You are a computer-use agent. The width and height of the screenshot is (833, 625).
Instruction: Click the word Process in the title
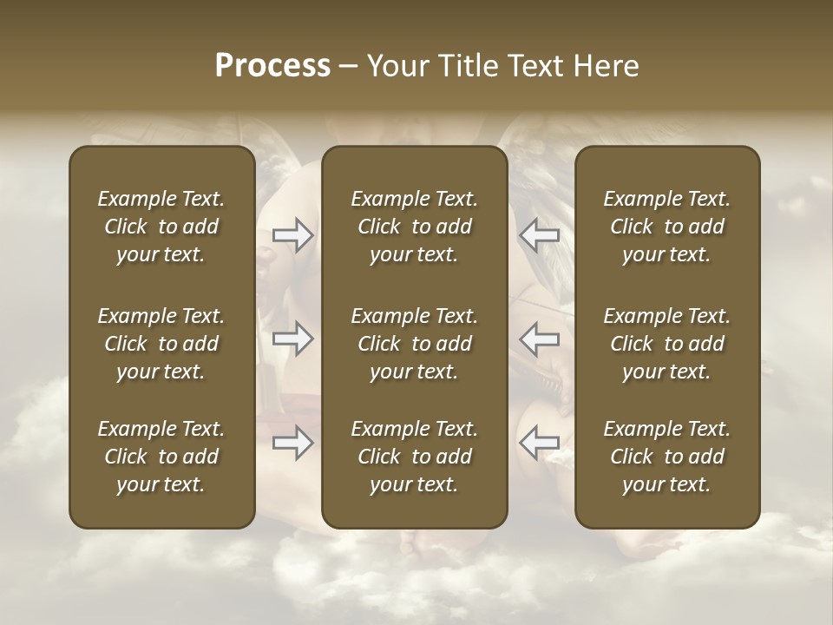[x=272, y=66]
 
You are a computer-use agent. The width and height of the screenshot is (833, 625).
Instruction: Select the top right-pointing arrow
[x=293, y=235]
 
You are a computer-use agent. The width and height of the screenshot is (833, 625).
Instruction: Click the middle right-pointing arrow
[x=293, y=339]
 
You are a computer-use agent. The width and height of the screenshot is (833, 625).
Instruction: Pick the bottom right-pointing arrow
[x=293, y=443]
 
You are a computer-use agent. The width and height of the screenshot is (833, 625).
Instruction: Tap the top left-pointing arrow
[x=539, y=235]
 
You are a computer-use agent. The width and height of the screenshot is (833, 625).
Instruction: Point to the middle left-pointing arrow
[x=539, y=339]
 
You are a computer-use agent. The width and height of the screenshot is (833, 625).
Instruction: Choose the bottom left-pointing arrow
[x=539, y=443]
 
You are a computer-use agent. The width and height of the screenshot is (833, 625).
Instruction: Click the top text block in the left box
[x=161, y=227]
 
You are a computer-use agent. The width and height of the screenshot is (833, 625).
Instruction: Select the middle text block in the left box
[x=161, y=344]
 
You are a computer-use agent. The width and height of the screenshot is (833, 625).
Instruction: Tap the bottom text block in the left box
[x=161, y=457]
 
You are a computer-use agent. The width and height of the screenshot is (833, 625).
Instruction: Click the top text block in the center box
[x=414, y=227]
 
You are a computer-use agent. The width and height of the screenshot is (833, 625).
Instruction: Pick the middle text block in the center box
[x=414, y=344]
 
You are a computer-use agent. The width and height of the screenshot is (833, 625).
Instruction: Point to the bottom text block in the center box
[x=414, y=457]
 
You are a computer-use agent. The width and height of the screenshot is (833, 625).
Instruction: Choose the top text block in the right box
[x=666, y=227]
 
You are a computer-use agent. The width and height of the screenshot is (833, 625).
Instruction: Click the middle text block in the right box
[x=666, y=344]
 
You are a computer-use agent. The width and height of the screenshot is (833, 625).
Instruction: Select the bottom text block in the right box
[x=666, y=457]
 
